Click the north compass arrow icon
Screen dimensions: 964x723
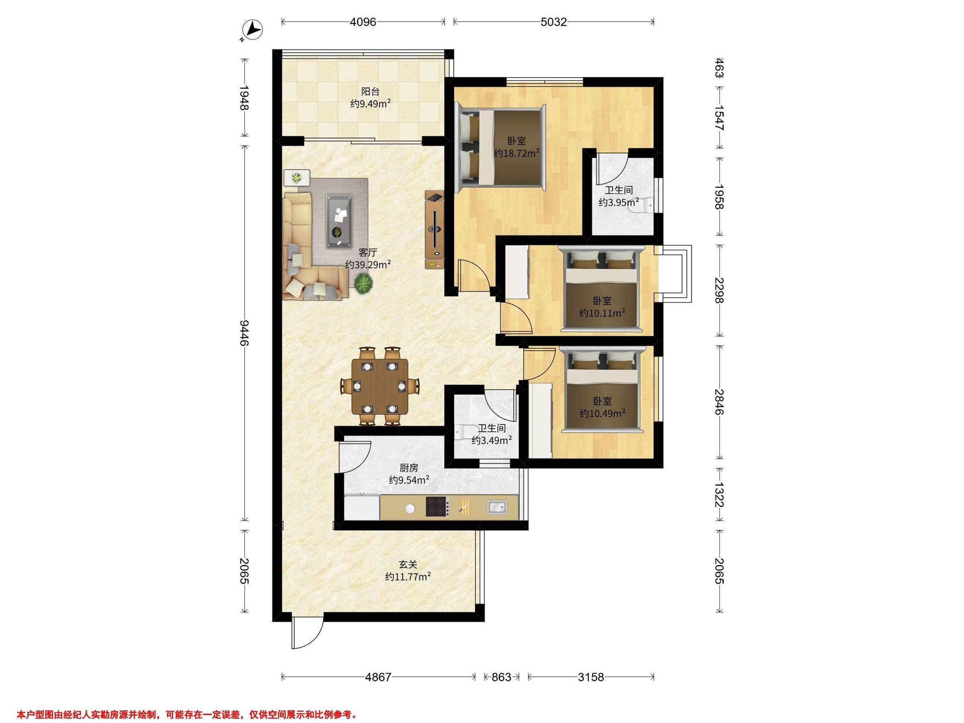(253, 31)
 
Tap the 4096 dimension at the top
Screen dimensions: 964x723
(363, 22)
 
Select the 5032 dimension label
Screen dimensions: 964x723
(553, 22)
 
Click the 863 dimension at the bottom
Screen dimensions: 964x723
(501, 677)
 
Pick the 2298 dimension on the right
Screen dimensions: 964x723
(719, 291)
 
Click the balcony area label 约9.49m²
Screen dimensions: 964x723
(370, 104)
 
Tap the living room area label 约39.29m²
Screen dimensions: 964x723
(368, 265)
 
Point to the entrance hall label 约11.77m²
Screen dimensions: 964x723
(408, 576)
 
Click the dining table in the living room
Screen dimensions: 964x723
(380, 386)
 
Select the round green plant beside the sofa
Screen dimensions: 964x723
(363, 284)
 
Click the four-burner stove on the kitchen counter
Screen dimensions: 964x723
(437, 507)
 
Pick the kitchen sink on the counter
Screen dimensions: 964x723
(497, 507)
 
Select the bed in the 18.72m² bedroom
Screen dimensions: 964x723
(500, 148)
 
